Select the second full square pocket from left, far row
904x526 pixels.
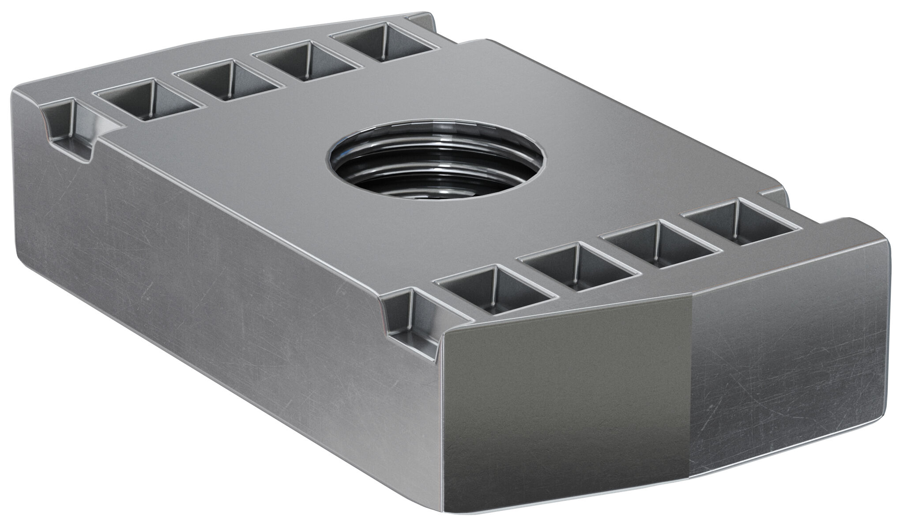[227, 80]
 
